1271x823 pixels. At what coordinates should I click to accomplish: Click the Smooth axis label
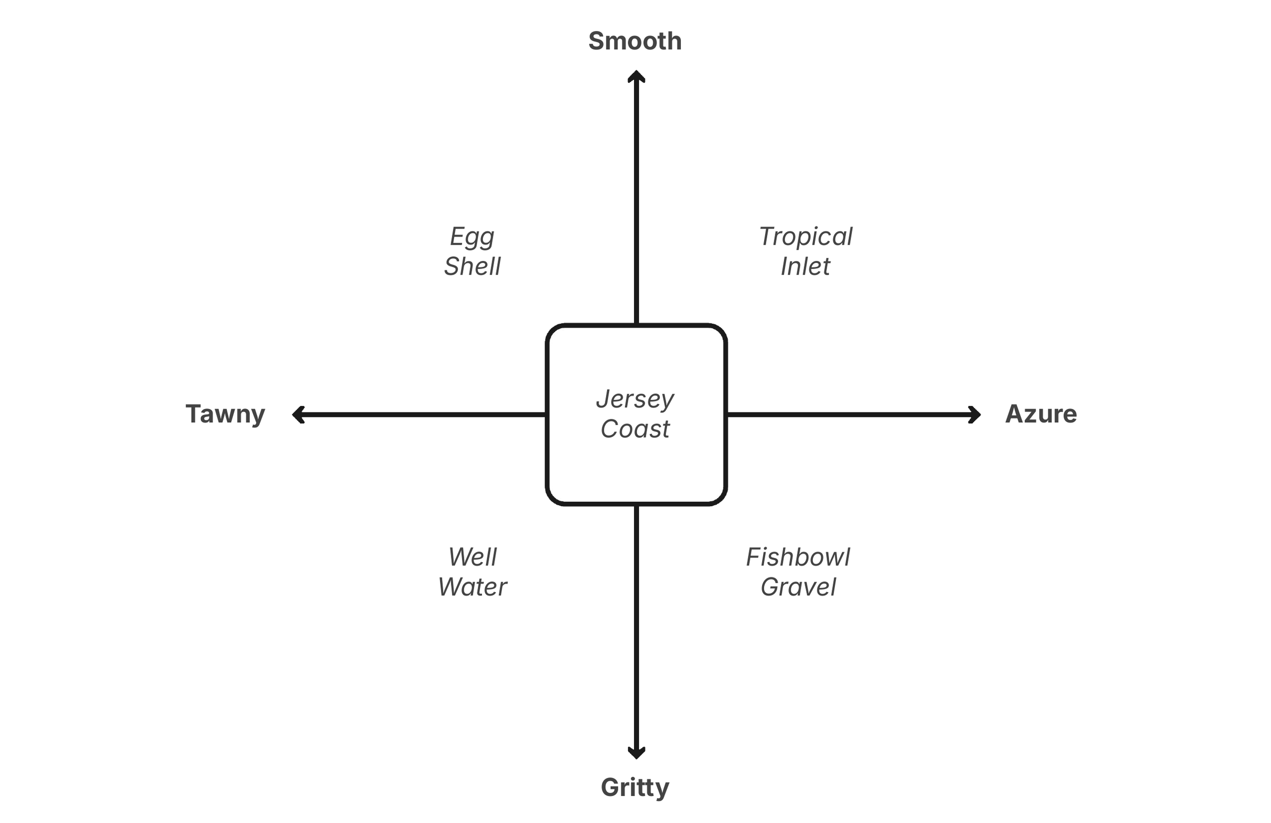tap(635, 41)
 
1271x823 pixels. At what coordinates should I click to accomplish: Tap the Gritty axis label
tap(635, 787)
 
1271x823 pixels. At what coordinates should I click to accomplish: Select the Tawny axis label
tap(225, 414)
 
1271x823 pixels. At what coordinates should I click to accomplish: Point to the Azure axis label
tap(1041, 414)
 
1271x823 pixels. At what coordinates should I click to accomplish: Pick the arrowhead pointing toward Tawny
tap(297, 415)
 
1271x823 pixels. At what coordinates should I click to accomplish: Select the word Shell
tap(473, 266)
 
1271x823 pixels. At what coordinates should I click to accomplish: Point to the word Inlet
tap(805, 266)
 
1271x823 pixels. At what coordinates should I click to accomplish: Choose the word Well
tap(473, 557)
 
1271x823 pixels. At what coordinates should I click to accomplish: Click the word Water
tap(473, 587)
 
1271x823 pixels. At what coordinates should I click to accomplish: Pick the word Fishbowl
tap(798, 557)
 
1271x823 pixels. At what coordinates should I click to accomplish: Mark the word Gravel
tap(798, 587)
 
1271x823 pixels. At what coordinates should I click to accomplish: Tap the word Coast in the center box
tap(635, 429)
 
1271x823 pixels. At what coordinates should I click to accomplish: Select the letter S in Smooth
tap(596, 41)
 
